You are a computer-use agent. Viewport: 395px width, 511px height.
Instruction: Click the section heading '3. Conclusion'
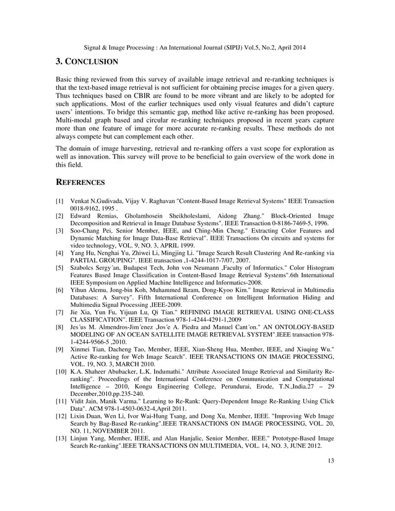[87, 62]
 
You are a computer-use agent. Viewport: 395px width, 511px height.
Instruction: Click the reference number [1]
[60, 202]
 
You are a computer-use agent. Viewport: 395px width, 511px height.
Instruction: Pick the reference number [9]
[60, 350]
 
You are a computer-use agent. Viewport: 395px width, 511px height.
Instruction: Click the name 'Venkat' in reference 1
[82, 202]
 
